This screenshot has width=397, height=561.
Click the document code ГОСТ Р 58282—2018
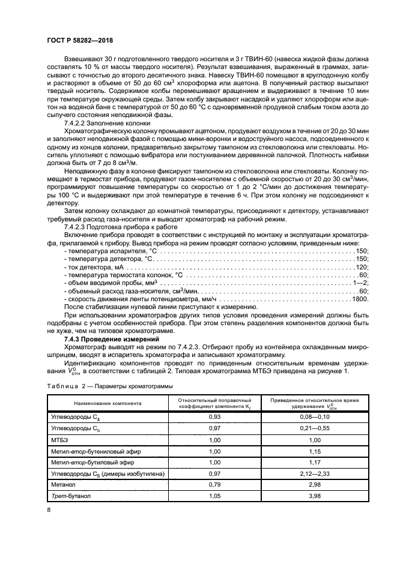(79, 40)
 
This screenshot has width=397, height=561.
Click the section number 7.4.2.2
(77, 122)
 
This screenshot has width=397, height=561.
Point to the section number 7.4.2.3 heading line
(77, 228)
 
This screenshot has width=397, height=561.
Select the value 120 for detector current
(362, 266)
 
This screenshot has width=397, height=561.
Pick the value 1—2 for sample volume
(361, 283)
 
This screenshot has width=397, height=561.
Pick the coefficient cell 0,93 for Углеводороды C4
(214, 416)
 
